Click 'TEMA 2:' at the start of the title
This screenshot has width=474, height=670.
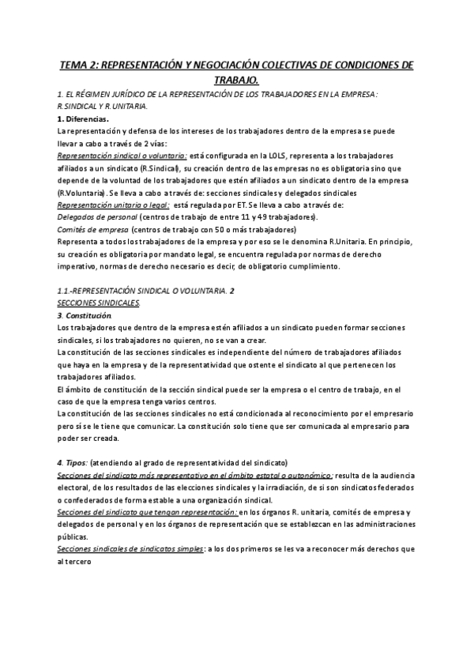tap(81, 66)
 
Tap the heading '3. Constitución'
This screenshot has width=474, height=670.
tap(90, 316)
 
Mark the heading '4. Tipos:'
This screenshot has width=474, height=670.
tap(73, 461)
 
